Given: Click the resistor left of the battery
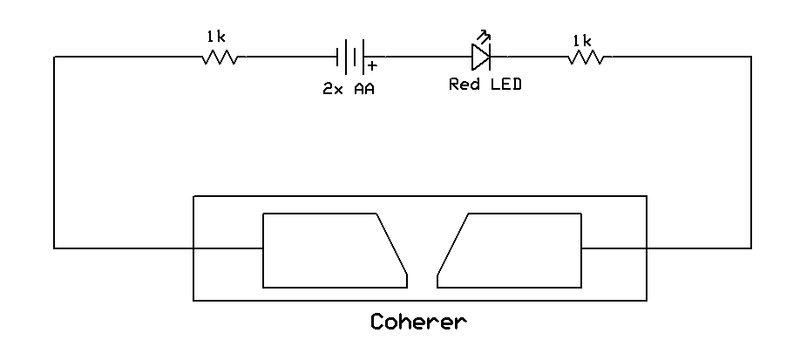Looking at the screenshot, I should pos(220,58).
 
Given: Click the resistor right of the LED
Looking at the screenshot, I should pos(586,58).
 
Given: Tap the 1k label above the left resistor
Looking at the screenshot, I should pos(216,37).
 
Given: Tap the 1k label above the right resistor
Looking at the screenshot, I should pos(582,40).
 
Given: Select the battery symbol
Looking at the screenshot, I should pos(351,58).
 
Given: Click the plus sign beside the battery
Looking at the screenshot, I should pos(373,66).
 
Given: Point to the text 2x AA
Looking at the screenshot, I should pos(349,89).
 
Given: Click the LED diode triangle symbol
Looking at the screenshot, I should pos(480,58).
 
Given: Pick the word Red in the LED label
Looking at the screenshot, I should pos(464,85).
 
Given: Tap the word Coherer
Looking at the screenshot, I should pos(418,322).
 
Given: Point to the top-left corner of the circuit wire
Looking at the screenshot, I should pos(55,58).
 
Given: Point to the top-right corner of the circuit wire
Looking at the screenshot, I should pos(750,58).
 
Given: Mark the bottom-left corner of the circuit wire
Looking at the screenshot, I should pos(55,248).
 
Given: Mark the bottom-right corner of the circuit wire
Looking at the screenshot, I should pos(750,248).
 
